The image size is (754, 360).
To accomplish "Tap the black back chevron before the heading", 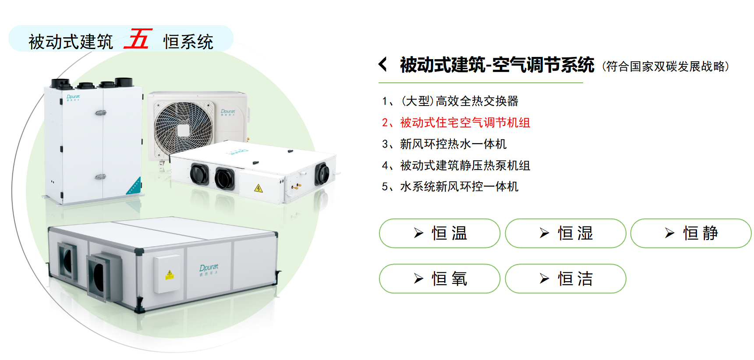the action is pos(383,64).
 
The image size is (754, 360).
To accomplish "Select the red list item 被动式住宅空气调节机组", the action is pos(456,123).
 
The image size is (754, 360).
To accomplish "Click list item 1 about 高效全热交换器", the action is pos(450,101).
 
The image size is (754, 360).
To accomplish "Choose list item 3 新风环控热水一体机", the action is pos(444,144).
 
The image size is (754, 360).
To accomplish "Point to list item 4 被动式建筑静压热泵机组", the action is pos(456,166).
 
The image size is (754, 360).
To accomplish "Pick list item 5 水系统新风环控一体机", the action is pos(450,187).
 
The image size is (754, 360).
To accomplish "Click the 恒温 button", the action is pos(439,233).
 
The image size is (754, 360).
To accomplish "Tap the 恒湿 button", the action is pos(566,233).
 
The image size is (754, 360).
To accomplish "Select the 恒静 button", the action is pos(691,233).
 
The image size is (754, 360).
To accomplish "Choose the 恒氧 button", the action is pos(439,279).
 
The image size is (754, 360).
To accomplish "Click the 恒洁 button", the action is pos(566,279).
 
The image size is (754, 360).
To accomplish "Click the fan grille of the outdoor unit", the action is pos(184,128).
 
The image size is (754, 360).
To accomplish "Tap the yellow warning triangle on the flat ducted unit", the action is pos(258,188).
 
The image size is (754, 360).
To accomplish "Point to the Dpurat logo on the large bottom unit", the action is pos(209,269).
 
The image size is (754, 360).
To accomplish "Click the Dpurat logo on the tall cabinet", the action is pos(73,97).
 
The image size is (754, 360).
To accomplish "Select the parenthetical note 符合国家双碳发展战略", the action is pos(666,67).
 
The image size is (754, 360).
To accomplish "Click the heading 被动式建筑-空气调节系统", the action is pos(497,65).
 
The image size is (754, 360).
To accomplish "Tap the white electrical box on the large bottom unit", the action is pos(166,274).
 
